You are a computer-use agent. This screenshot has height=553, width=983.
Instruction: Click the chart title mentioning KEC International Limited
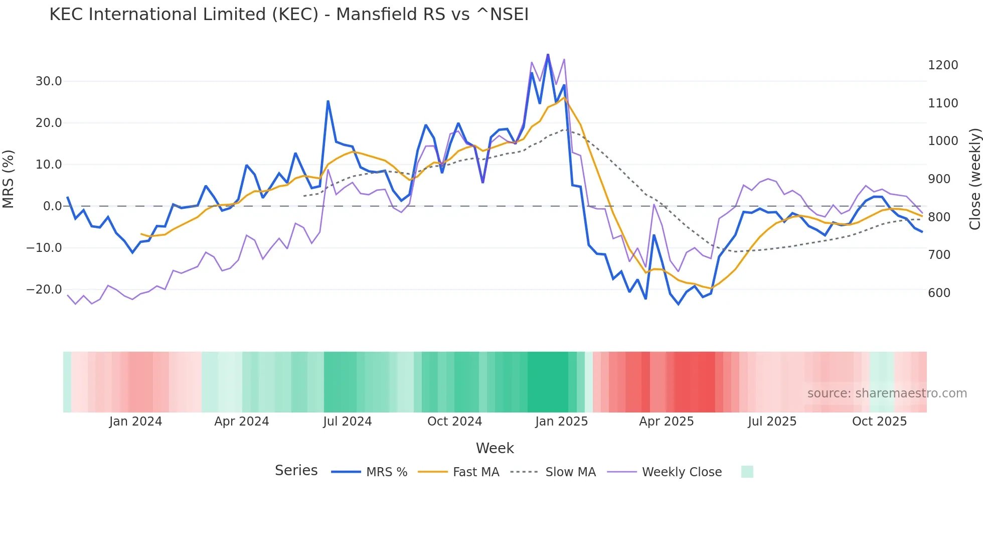tap(289, 14)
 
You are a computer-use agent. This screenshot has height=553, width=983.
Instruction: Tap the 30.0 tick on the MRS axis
tap(49, 81)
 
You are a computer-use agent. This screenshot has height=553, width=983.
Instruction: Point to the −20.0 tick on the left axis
tap(44, 290)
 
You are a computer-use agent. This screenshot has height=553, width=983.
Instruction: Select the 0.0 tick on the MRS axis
tap(52, 206)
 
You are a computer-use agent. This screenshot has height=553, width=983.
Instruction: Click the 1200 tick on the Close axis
tap(943, 65)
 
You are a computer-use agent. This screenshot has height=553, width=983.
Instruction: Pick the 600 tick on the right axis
tap(939, 293)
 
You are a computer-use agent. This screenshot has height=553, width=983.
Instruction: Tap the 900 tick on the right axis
tap(939, 179)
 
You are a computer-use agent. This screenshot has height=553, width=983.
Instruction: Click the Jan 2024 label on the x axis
tap(135, 422)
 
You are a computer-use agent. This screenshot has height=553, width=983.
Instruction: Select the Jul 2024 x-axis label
tap(347, 422)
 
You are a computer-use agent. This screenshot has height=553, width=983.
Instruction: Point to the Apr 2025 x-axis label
tap(666, 422)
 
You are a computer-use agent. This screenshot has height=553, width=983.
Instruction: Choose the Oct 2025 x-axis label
tap(879, 422)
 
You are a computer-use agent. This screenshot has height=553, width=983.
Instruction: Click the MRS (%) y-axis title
tap(9, 179)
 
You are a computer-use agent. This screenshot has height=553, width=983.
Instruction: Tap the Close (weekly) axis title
tap(974, 179)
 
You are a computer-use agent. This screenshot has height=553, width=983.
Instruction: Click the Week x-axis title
tap(495, 448)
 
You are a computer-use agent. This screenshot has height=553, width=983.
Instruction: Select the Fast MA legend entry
tap(475, 472)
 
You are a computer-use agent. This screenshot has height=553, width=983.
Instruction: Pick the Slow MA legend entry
tap(570, 472)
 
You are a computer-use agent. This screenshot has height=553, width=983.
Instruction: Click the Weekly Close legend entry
tap(681, 472)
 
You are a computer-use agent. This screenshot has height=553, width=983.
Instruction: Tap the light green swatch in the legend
tap(747, 472)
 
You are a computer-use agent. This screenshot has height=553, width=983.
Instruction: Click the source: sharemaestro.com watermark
tap(887, 393)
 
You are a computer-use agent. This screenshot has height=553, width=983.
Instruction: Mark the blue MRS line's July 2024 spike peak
tap(328, 101)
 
